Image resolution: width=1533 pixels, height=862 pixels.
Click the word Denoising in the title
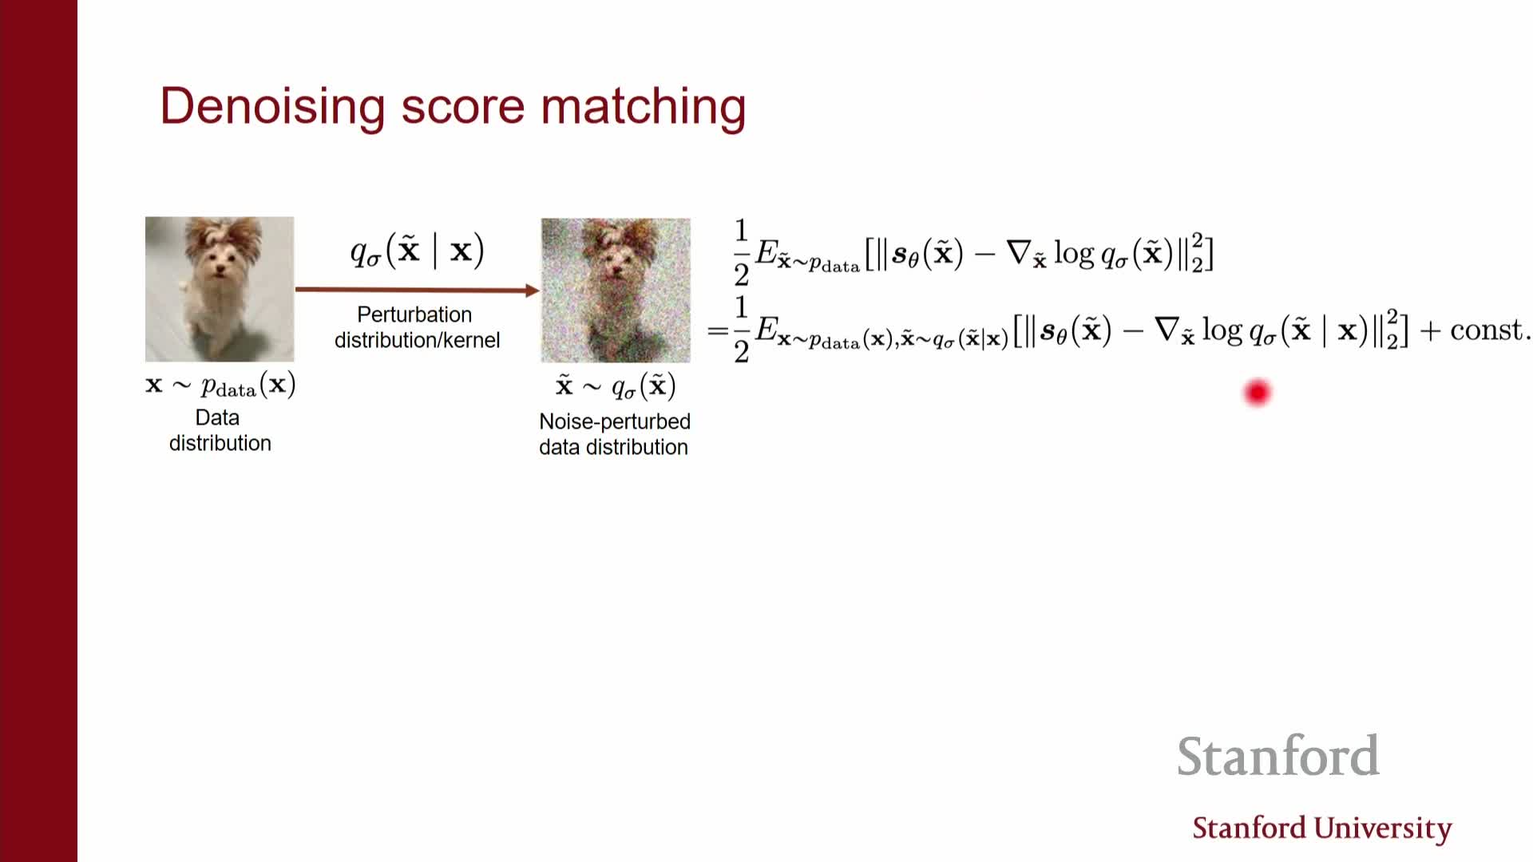pos(272,106)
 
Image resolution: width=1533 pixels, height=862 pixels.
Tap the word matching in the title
pos(643,106)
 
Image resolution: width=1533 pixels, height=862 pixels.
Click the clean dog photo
pos(220,289)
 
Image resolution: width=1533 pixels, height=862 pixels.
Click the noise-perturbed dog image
pos(616,291)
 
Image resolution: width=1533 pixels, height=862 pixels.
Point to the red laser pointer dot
pos(1257,393)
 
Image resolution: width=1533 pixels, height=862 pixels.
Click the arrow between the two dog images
pos(418,290)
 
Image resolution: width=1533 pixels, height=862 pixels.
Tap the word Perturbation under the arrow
pos(414,314)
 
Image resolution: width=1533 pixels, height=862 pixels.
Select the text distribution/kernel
pos(417,340)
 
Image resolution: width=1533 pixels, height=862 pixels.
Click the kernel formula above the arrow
pos(417,251)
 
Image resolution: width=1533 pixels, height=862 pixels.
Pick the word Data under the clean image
pos(217,417)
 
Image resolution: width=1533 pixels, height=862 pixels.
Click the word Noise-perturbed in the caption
pos(615,421)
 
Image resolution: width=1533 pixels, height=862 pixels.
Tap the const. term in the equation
pos(1489,330)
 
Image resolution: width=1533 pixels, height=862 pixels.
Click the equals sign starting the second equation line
pos(717,330)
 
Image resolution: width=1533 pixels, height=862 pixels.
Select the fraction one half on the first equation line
pos(741,252)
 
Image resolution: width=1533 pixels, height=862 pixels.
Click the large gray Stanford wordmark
pos(1278,756)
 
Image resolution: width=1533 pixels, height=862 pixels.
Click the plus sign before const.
pos(1429,330)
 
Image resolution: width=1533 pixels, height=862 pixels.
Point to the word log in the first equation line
pos(1074,254)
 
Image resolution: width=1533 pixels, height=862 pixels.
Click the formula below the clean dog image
pos(220,386)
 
